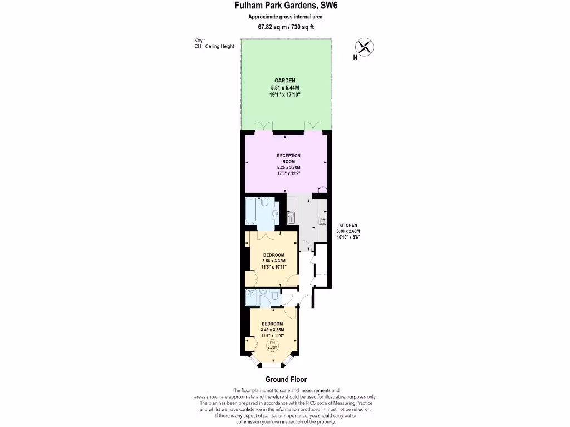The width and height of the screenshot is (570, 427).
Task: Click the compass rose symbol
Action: (364, 47)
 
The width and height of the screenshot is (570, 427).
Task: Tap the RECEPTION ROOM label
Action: (288, 158)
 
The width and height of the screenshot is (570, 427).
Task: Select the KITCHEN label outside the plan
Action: (348, 225)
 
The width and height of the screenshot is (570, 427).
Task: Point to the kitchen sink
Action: (290, 217)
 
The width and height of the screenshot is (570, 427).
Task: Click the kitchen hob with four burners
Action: (322, 221)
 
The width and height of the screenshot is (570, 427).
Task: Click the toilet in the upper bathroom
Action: (264, 201)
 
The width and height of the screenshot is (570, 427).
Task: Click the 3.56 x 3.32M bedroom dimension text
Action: (273, 261)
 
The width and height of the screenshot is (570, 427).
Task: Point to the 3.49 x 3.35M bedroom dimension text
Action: (273, 330)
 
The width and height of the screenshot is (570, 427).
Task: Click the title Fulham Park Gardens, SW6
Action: (285, 6)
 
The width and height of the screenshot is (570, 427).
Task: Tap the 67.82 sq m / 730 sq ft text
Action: (285, 27)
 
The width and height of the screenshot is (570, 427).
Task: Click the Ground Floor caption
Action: (286, 380)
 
